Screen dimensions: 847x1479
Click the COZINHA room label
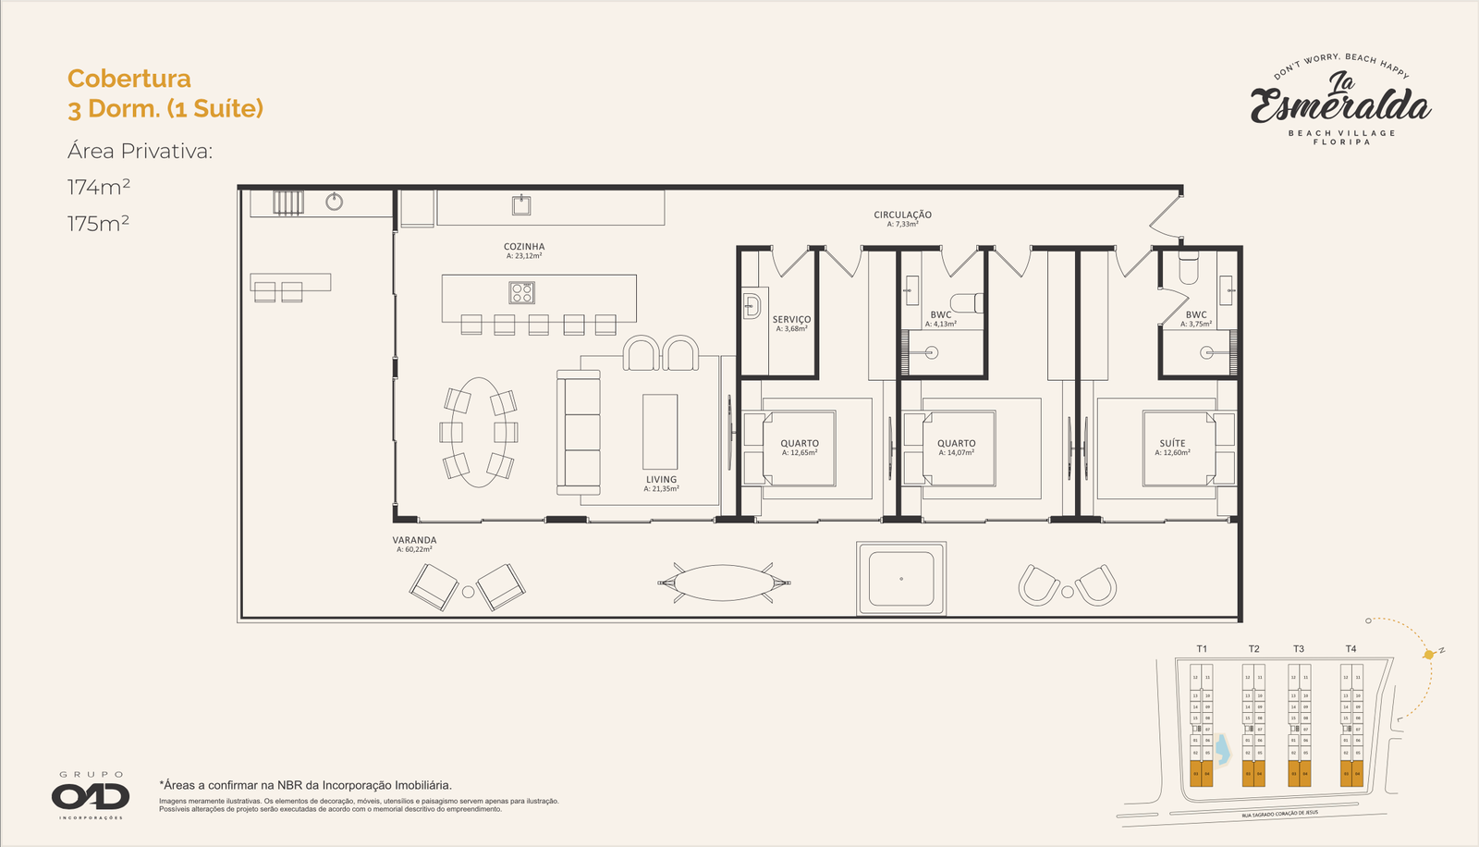(524, 247)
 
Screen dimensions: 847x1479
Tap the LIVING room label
(661, 480)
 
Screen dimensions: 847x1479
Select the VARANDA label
(414, 540)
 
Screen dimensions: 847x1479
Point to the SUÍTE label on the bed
(1173, 444)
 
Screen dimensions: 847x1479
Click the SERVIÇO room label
(791, 320)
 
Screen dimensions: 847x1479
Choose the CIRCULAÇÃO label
(902, 215)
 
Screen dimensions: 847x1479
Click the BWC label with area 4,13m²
(941, 315)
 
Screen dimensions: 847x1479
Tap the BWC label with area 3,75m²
(1196, 315)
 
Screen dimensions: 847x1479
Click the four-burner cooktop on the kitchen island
(521, 293)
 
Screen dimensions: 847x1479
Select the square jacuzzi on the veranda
(901, 579)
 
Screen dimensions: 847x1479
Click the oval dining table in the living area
(478, 432)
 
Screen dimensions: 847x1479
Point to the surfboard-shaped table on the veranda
(724, 583)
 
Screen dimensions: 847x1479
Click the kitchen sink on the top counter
(521, 204)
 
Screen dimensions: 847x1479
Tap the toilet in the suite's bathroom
(1189, 268)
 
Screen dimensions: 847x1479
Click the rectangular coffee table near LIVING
(660, 432)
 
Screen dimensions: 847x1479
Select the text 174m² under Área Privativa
(99, 187)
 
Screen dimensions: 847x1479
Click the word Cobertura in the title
(129, 79)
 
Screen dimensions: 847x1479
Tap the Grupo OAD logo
(91, 795)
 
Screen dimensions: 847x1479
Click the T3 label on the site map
(1299, 649)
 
